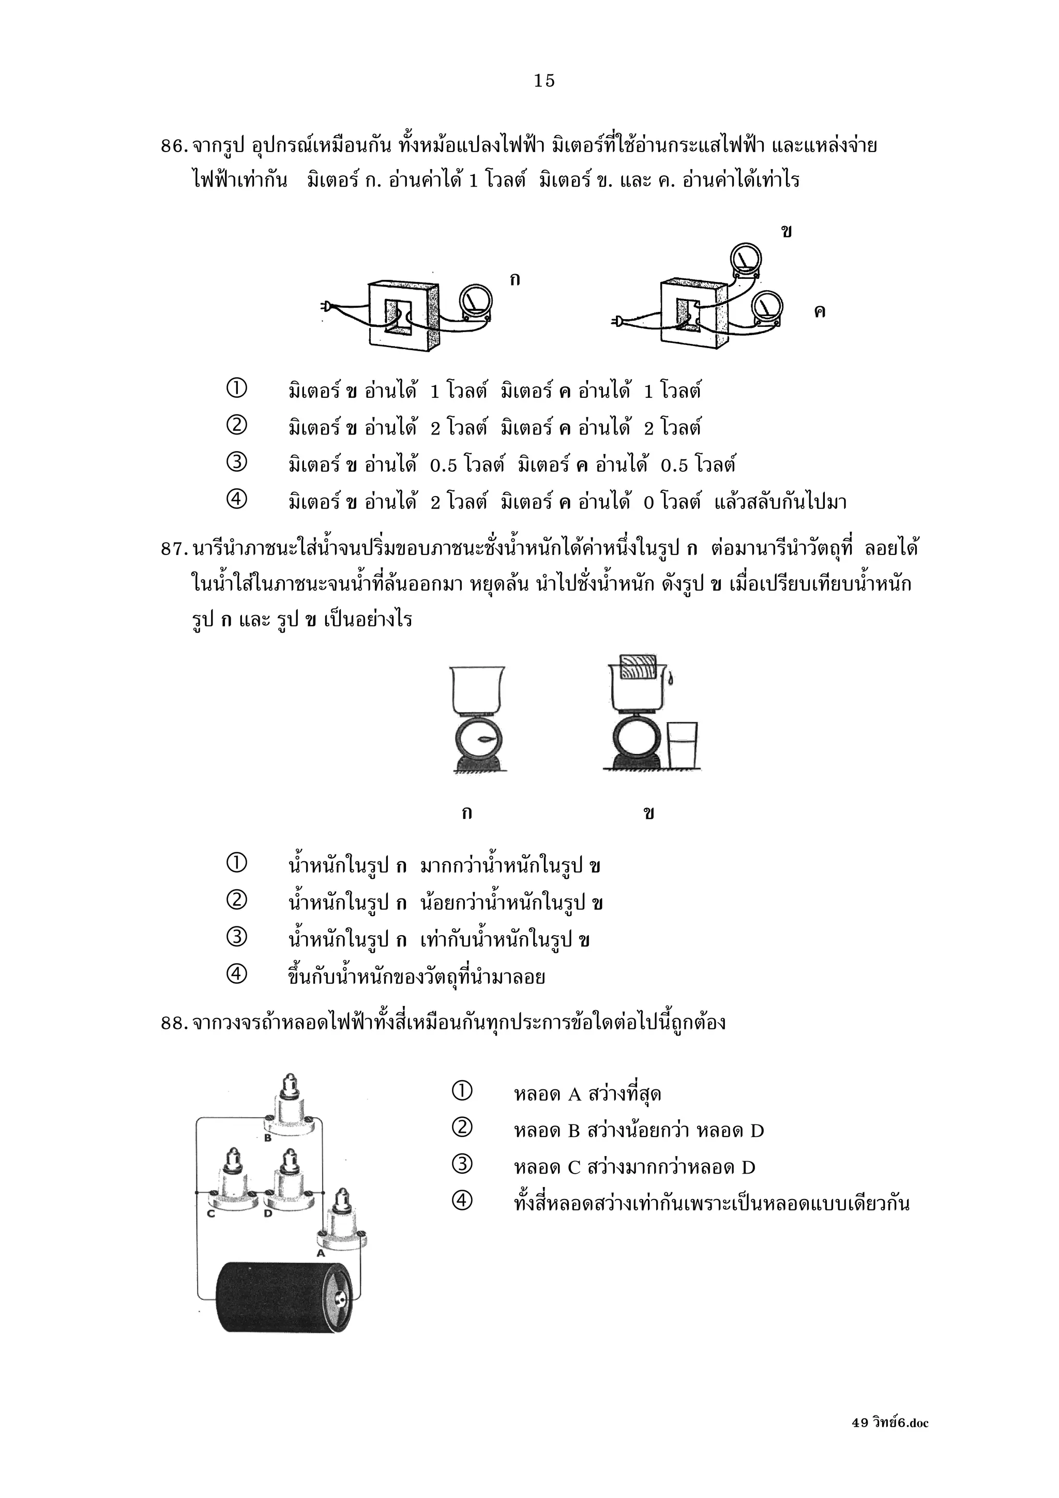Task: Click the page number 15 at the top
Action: point(544,80)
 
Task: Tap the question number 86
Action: point(174,146)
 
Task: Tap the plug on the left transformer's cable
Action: point(327,305)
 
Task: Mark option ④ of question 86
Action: point(236,500)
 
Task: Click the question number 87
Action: point(174,549)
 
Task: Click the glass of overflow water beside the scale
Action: point(682,744)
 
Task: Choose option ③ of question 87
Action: point(236,938)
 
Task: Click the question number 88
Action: point(174,1022)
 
